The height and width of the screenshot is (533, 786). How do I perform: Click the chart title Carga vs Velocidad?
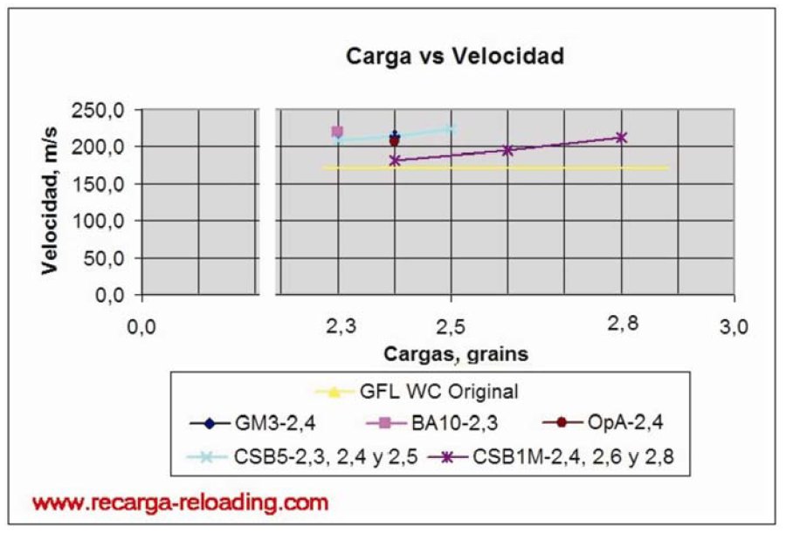click(455, 57)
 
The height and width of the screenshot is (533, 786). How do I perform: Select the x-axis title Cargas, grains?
click(454, 353)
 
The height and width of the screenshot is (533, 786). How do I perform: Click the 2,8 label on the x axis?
click(623, 323)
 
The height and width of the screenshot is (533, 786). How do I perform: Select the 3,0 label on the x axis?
click(734, 327)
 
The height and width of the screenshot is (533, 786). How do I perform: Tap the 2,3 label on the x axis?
click(339, 327)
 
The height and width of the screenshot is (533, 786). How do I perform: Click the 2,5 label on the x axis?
click(451, 327)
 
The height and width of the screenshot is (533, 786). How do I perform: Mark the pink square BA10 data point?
click(338, 132)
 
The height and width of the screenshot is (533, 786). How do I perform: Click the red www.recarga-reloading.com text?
click(181, 502)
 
